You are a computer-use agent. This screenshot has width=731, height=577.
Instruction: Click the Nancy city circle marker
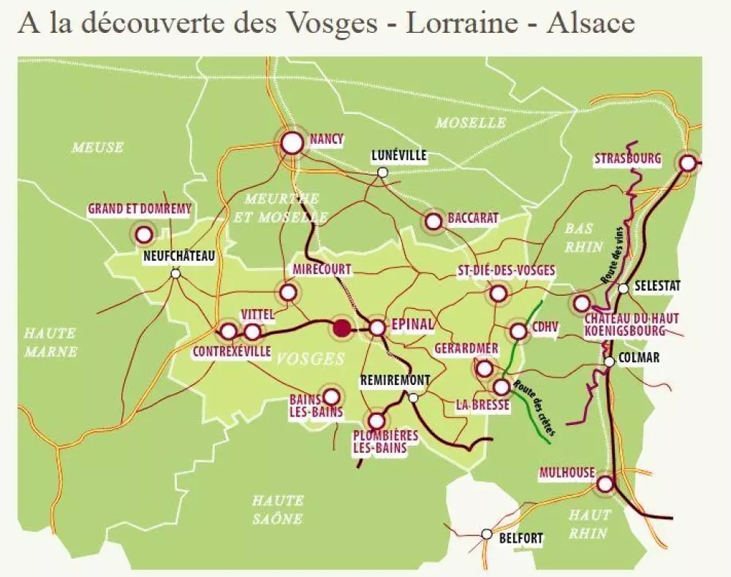click(292, 142)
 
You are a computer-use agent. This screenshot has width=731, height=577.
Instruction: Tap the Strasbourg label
click(627, 158)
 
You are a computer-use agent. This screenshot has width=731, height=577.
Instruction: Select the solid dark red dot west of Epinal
click(341, 328)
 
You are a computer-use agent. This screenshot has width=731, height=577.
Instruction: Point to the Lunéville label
click(398, 156)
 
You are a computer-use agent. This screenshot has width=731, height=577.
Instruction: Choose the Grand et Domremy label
click(140, 209)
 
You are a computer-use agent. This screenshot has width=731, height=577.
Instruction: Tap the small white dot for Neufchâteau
click(175, 274)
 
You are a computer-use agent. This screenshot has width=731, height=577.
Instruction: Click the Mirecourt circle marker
click(288, 292)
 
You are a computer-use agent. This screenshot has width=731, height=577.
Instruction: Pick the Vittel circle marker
click(252, 332)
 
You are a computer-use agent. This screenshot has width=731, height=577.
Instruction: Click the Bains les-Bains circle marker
click(331, 396)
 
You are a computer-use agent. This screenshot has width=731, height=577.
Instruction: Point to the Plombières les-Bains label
click(385, 442)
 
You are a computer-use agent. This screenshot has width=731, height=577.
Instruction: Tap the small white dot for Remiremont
click(413, 397)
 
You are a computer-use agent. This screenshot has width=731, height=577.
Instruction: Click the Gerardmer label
click(466, 348)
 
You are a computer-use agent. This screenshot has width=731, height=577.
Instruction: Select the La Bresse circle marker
click(501, 386)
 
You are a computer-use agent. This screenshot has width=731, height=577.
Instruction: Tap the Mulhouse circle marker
click(605, 484)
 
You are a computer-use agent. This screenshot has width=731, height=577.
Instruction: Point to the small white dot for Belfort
click(487, 534)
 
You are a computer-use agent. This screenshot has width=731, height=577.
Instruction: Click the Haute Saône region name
click(277, 509)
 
